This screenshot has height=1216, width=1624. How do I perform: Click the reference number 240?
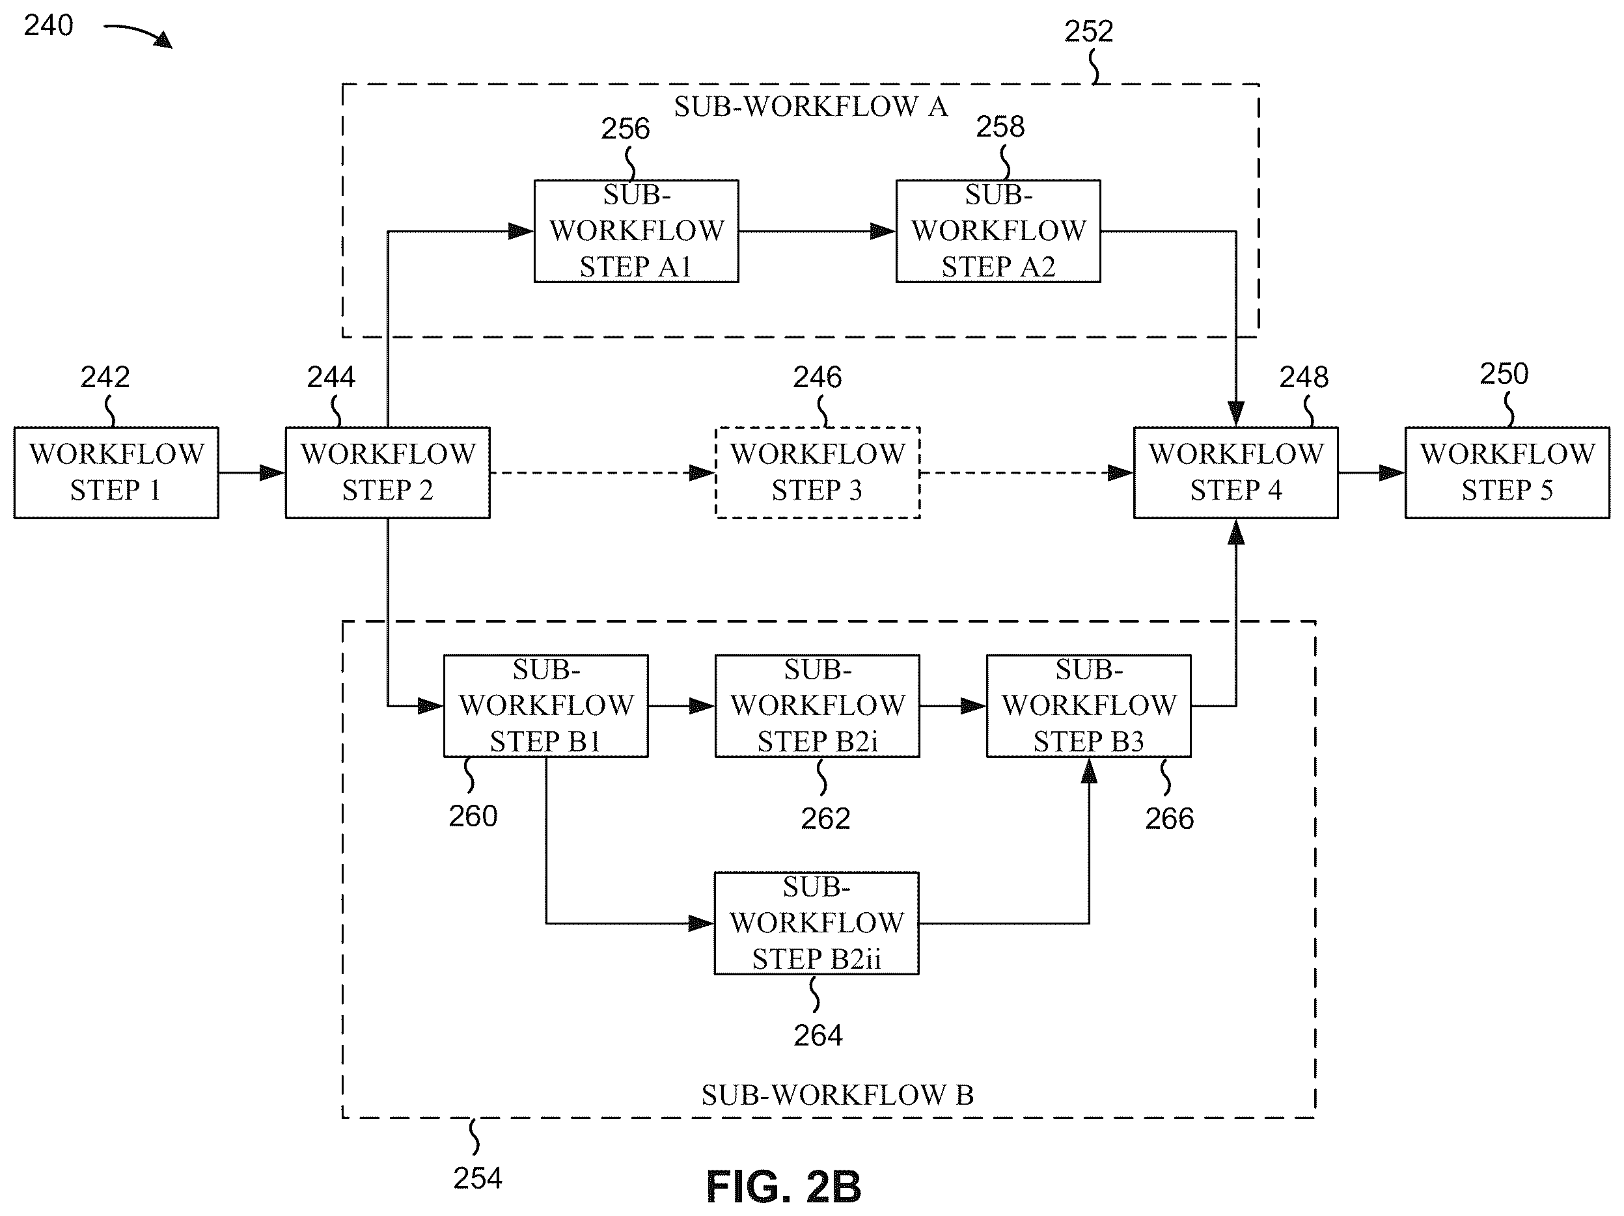[x=48, y=25]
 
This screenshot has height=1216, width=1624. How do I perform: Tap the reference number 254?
[x=477, y=1178]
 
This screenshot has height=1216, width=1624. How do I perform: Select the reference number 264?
[x=818, y=1036]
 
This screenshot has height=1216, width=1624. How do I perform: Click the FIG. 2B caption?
[x=784, y=1187]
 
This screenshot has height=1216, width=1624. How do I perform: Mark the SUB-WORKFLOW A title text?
[x=811, y=107]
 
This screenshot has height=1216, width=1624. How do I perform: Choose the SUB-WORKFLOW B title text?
[x=838, y=1096]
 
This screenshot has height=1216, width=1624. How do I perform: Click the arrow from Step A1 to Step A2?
[x=817, y=232]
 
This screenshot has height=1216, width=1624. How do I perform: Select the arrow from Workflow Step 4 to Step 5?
[x=1371, y=474]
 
